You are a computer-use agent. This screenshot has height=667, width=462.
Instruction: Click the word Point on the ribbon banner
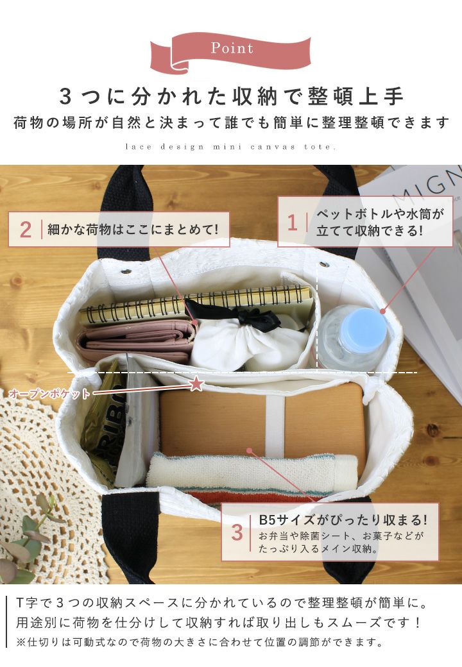click(x=232, y=48)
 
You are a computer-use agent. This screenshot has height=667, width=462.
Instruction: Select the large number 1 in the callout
click(x=292, y=223)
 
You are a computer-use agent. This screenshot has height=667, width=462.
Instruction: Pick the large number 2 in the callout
click(x=26, y=230)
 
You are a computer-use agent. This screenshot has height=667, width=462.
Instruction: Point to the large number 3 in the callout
click(x=237, y=532)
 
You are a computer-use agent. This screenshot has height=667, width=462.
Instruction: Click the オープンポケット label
click(x=49, y=394)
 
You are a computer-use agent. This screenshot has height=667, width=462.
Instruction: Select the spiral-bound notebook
click(x=196, y=305)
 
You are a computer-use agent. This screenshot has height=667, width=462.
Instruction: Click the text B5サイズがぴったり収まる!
click(x=343, y=520)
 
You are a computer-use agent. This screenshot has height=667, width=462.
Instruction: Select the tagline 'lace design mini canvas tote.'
click(x=230, y=147)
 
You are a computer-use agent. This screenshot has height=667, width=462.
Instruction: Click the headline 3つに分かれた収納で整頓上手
click(x=231, y=97)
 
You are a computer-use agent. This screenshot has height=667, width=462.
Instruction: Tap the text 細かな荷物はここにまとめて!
click(x=133, y=230)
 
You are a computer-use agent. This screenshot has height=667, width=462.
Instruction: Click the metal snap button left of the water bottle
click(x=324, y=264)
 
